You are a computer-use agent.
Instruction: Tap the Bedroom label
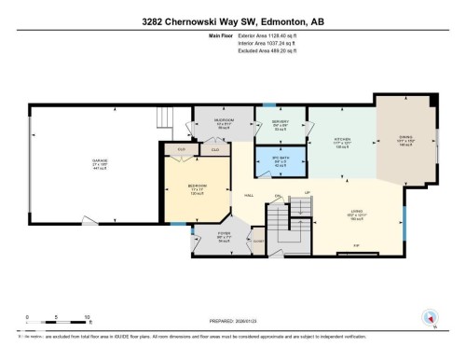(x=196, y=187)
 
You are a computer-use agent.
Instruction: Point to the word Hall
(x=250, y=196)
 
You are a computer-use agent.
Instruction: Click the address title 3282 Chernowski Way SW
(x=233, y=21)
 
